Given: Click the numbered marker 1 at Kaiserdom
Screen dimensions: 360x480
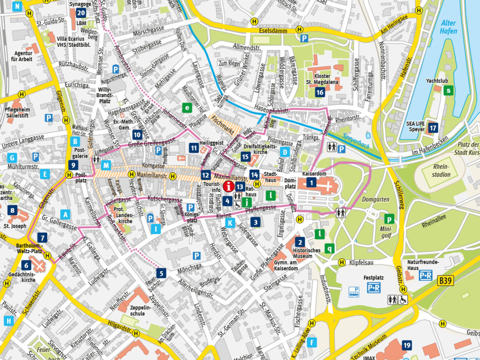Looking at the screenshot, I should pyautogui.click(x=311, y=182).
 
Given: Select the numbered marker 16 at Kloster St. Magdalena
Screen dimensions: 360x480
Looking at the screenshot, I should pyautogui.click(x=320, y=92).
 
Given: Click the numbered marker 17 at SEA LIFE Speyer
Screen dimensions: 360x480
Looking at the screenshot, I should pyautogui.click(x=433, y=128).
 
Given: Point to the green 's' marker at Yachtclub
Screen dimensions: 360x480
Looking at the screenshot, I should pyautogui.click(x=448, y=90).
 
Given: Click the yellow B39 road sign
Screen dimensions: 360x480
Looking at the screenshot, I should pyautogui.click(x=446, y=281).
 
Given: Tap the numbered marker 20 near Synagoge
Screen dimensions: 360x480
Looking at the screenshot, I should pyautogui.click(x=81, y=13).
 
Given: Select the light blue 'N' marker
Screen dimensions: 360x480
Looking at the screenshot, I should pyautogui.click(x=18, y=6).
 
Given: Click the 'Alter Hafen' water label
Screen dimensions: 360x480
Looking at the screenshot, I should pyautogui.click(x=449, y=27).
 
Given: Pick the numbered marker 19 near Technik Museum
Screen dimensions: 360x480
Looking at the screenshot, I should pyautogui.click(x=407, y=345).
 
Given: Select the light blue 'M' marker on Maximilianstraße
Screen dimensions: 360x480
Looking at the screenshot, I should pyautogui.click(x=106, y=165).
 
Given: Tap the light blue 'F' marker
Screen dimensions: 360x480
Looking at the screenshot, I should pyautogui.click(x=313, y=342).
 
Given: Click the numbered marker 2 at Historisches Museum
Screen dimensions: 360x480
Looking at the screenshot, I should pyautogui.click(x=300, y=242).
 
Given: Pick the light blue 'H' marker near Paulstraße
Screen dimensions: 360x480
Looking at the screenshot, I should pyautogui.click(x=8, y=321).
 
